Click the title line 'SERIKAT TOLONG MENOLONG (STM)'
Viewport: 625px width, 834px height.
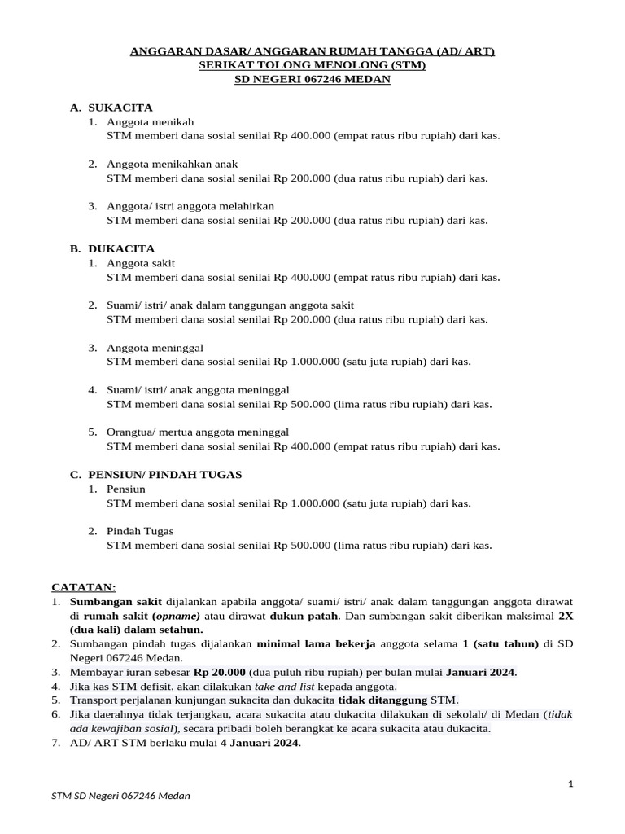[x=312, y=65]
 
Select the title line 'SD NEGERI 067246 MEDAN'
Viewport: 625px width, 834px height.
[x=312, y=79]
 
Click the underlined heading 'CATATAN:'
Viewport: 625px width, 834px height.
[x=84, y=586]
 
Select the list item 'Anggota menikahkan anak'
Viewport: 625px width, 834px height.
[x=172, y=164]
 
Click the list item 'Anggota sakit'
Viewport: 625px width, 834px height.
[x=141, y=263]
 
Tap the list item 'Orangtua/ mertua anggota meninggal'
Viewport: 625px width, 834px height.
[x=198, y=432]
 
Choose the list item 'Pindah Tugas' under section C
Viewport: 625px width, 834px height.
[x=140, y=531]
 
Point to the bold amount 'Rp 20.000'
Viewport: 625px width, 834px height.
[x=218, y=672]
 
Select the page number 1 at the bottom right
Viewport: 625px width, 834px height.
[x=571, y=784]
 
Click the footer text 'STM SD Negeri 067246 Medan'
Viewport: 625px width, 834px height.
[x=120, y=796]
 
